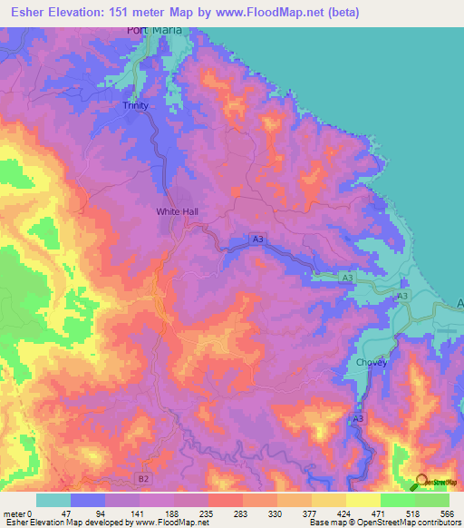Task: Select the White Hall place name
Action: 177,211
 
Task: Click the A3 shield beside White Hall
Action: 258,239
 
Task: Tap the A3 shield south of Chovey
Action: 358,418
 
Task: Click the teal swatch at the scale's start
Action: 53,500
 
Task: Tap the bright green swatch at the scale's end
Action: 432,500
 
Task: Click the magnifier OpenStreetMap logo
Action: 421,482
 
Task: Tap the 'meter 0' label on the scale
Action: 16,513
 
